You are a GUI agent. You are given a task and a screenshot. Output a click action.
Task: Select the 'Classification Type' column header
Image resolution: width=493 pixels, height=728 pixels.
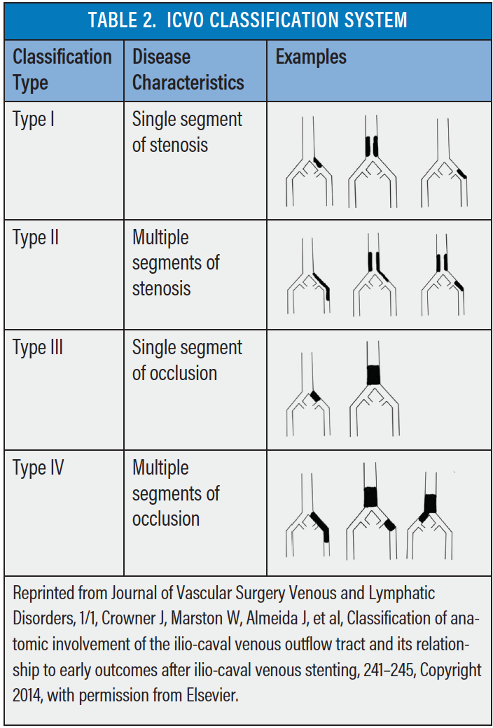62,69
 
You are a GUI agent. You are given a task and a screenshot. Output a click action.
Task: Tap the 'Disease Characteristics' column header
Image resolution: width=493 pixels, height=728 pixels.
188,69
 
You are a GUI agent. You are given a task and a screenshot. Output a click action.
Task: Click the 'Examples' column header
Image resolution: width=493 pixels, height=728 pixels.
312,57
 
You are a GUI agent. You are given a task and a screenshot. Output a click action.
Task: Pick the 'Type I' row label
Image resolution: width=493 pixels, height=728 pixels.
34,119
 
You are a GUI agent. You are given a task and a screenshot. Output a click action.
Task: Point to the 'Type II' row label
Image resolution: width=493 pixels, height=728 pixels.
36,238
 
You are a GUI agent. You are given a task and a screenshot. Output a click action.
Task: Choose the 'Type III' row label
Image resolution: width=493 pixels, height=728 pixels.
38,348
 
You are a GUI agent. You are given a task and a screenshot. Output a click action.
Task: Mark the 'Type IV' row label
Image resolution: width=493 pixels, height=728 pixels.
38,468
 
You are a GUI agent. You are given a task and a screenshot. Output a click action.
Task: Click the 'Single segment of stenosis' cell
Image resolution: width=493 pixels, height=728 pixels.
187,132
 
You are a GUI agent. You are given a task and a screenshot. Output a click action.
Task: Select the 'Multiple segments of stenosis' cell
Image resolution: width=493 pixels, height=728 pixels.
176,262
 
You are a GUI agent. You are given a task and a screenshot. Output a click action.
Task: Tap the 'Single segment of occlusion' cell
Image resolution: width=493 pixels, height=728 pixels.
187,360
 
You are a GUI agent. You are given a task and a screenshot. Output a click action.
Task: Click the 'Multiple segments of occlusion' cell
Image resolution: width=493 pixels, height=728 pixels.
176,493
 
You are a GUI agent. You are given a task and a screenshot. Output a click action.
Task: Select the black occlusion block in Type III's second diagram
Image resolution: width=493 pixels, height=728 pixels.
373,375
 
